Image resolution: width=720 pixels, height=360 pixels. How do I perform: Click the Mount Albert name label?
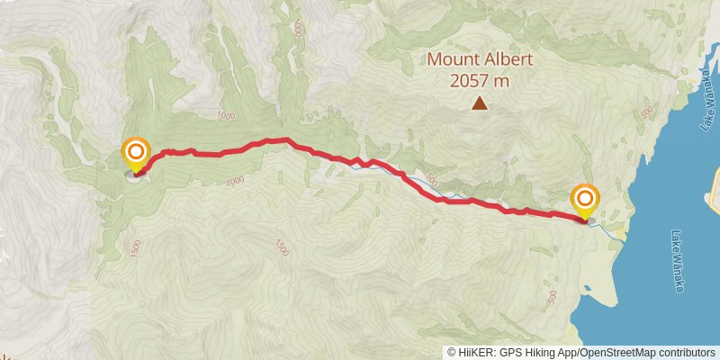click(x=480, y=61)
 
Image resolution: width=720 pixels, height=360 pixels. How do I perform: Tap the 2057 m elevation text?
click(x=480, y=81)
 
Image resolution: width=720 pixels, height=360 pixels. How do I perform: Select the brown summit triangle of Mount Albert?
click(x=481, y=104)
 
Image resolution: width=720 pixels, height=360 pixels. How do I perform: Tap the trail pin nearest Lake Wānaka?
click(x=586, y=199)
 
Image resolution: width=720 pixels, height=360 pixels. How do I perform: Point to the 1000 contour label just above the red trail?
click(x=225, y=115)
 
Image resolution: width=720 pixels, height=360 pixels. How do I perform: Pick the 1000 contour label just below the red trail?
click(x=235, y=181)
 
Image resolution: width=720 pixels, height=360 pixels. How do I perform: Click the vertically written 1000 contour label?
click(x=298, y=28)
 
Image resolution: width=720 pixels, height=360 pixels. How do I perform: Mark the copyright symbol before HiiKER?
click(x=452, y=352)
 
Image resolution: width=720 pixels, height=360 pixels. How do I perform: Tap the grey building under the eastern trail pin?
click(x=590, y=219)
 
